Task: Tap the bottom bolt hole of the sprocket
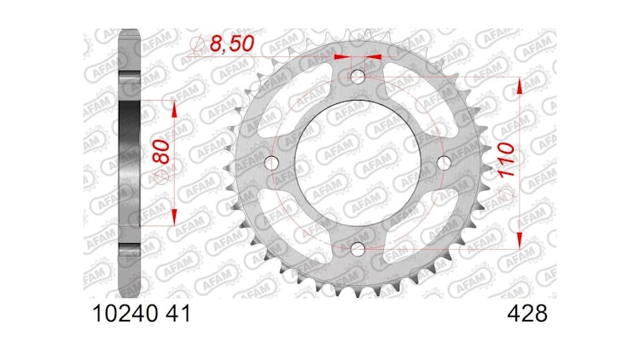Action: pyautogui.click(x=357, y=248)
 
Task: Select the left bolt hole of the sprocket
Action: pyautogui.click(x=272, y=163)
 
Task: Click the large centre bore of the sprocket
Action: pyautogui.click(x=357, y=163)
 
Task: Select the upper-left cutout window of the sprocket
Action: pyautogui.click(x=290, y=98)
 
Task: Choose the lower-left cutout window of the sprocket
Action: pyautogui.click(x=290, y=229)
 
